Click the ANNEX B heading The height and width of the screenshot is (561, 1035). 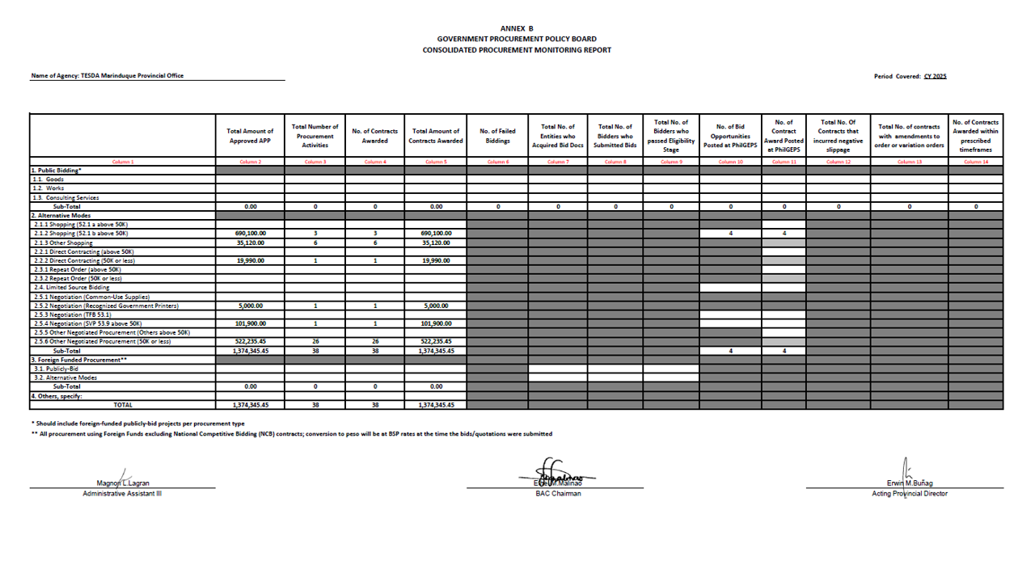(517, 28)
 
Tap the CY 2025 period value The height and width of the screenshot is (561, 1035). (935, 76)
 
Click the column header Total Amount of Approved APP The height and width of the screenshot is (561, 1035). (250, 136)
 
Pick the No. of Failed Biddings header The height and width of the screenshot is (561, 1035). (497, 136)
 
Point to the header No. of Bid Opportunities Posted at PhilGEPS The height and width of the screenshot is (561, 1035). (731, 136)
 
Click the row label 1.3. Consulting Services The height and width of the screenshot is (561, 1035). (66, 197)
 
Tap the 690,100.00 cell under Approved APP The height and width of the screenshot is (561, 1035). (250, 234)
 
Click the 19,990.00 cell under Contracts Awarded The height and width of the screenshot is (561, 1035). (436, 261)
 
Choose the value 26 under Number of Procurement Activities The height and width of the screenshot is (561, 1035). (315, 342)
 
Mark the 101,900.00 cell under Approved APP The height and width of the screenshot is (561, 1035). (250, 323)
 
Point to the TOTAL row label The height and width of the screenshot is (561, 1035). (123, 404)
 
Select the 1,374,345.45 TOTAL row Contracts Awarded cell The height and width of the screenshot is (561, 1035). (436, 404)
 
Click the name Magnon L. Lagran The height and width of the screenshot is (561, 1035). (123, 483)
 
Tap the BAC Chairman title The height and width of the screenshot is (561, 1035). (558, 493)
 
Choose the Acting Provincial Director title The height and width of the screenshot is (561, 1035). (910, 493)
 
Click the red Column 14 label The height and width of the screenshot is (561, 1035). (975, 162)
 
